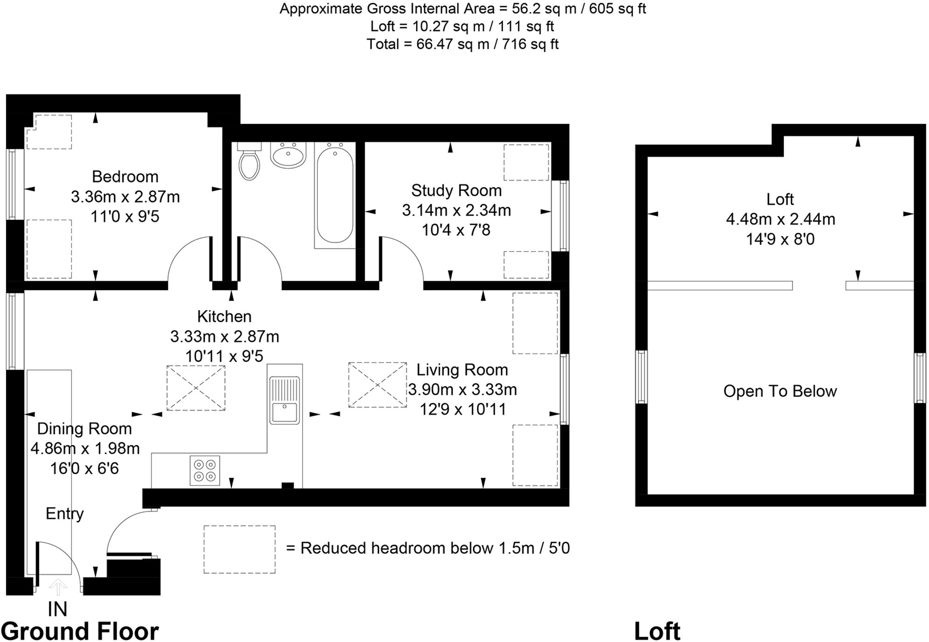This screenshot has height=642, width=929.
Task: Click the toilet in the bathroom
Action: (x=249, y=163)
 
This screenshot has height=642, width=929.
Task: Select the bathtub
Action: (x=335, y=195)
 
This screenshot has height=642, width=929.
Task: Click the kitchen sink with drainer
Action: (x=284, y=400)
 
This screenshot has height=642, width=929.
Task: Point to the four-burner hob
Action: (x=205, y=470)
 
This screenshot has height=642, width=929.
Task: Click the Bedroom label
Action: (x=125, y=177)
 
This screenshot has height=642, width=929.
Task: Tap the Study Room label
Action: (x=456, y=191)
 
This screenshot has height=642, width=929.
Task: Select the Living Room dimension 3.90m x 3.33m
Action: (x=462, y=390)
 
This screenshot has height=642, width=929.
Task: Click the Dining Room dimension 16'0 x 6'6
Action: (x=84, y=468)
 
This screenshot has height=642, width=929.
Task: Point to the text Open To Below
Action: (x=780, y=391)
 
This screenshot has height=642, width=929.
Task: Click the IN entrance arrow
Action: (x=58, y=587)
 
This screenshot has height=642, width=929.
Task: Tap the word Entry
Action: (x=64, y=514)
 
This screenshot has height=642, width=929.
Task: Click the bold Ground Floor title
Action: (x=80, y=631)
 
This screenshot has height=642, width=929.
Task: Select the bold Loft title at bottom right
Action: (x=657, y=631)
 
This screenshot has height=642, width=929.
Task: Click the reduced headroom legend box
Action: (x=239, y=550)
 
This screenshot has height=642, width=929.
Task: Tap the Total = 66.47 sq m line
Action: (x=462, y=44)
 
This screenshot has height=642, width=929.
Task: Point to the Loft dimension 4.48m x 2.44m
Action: (x=780, y=219)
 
